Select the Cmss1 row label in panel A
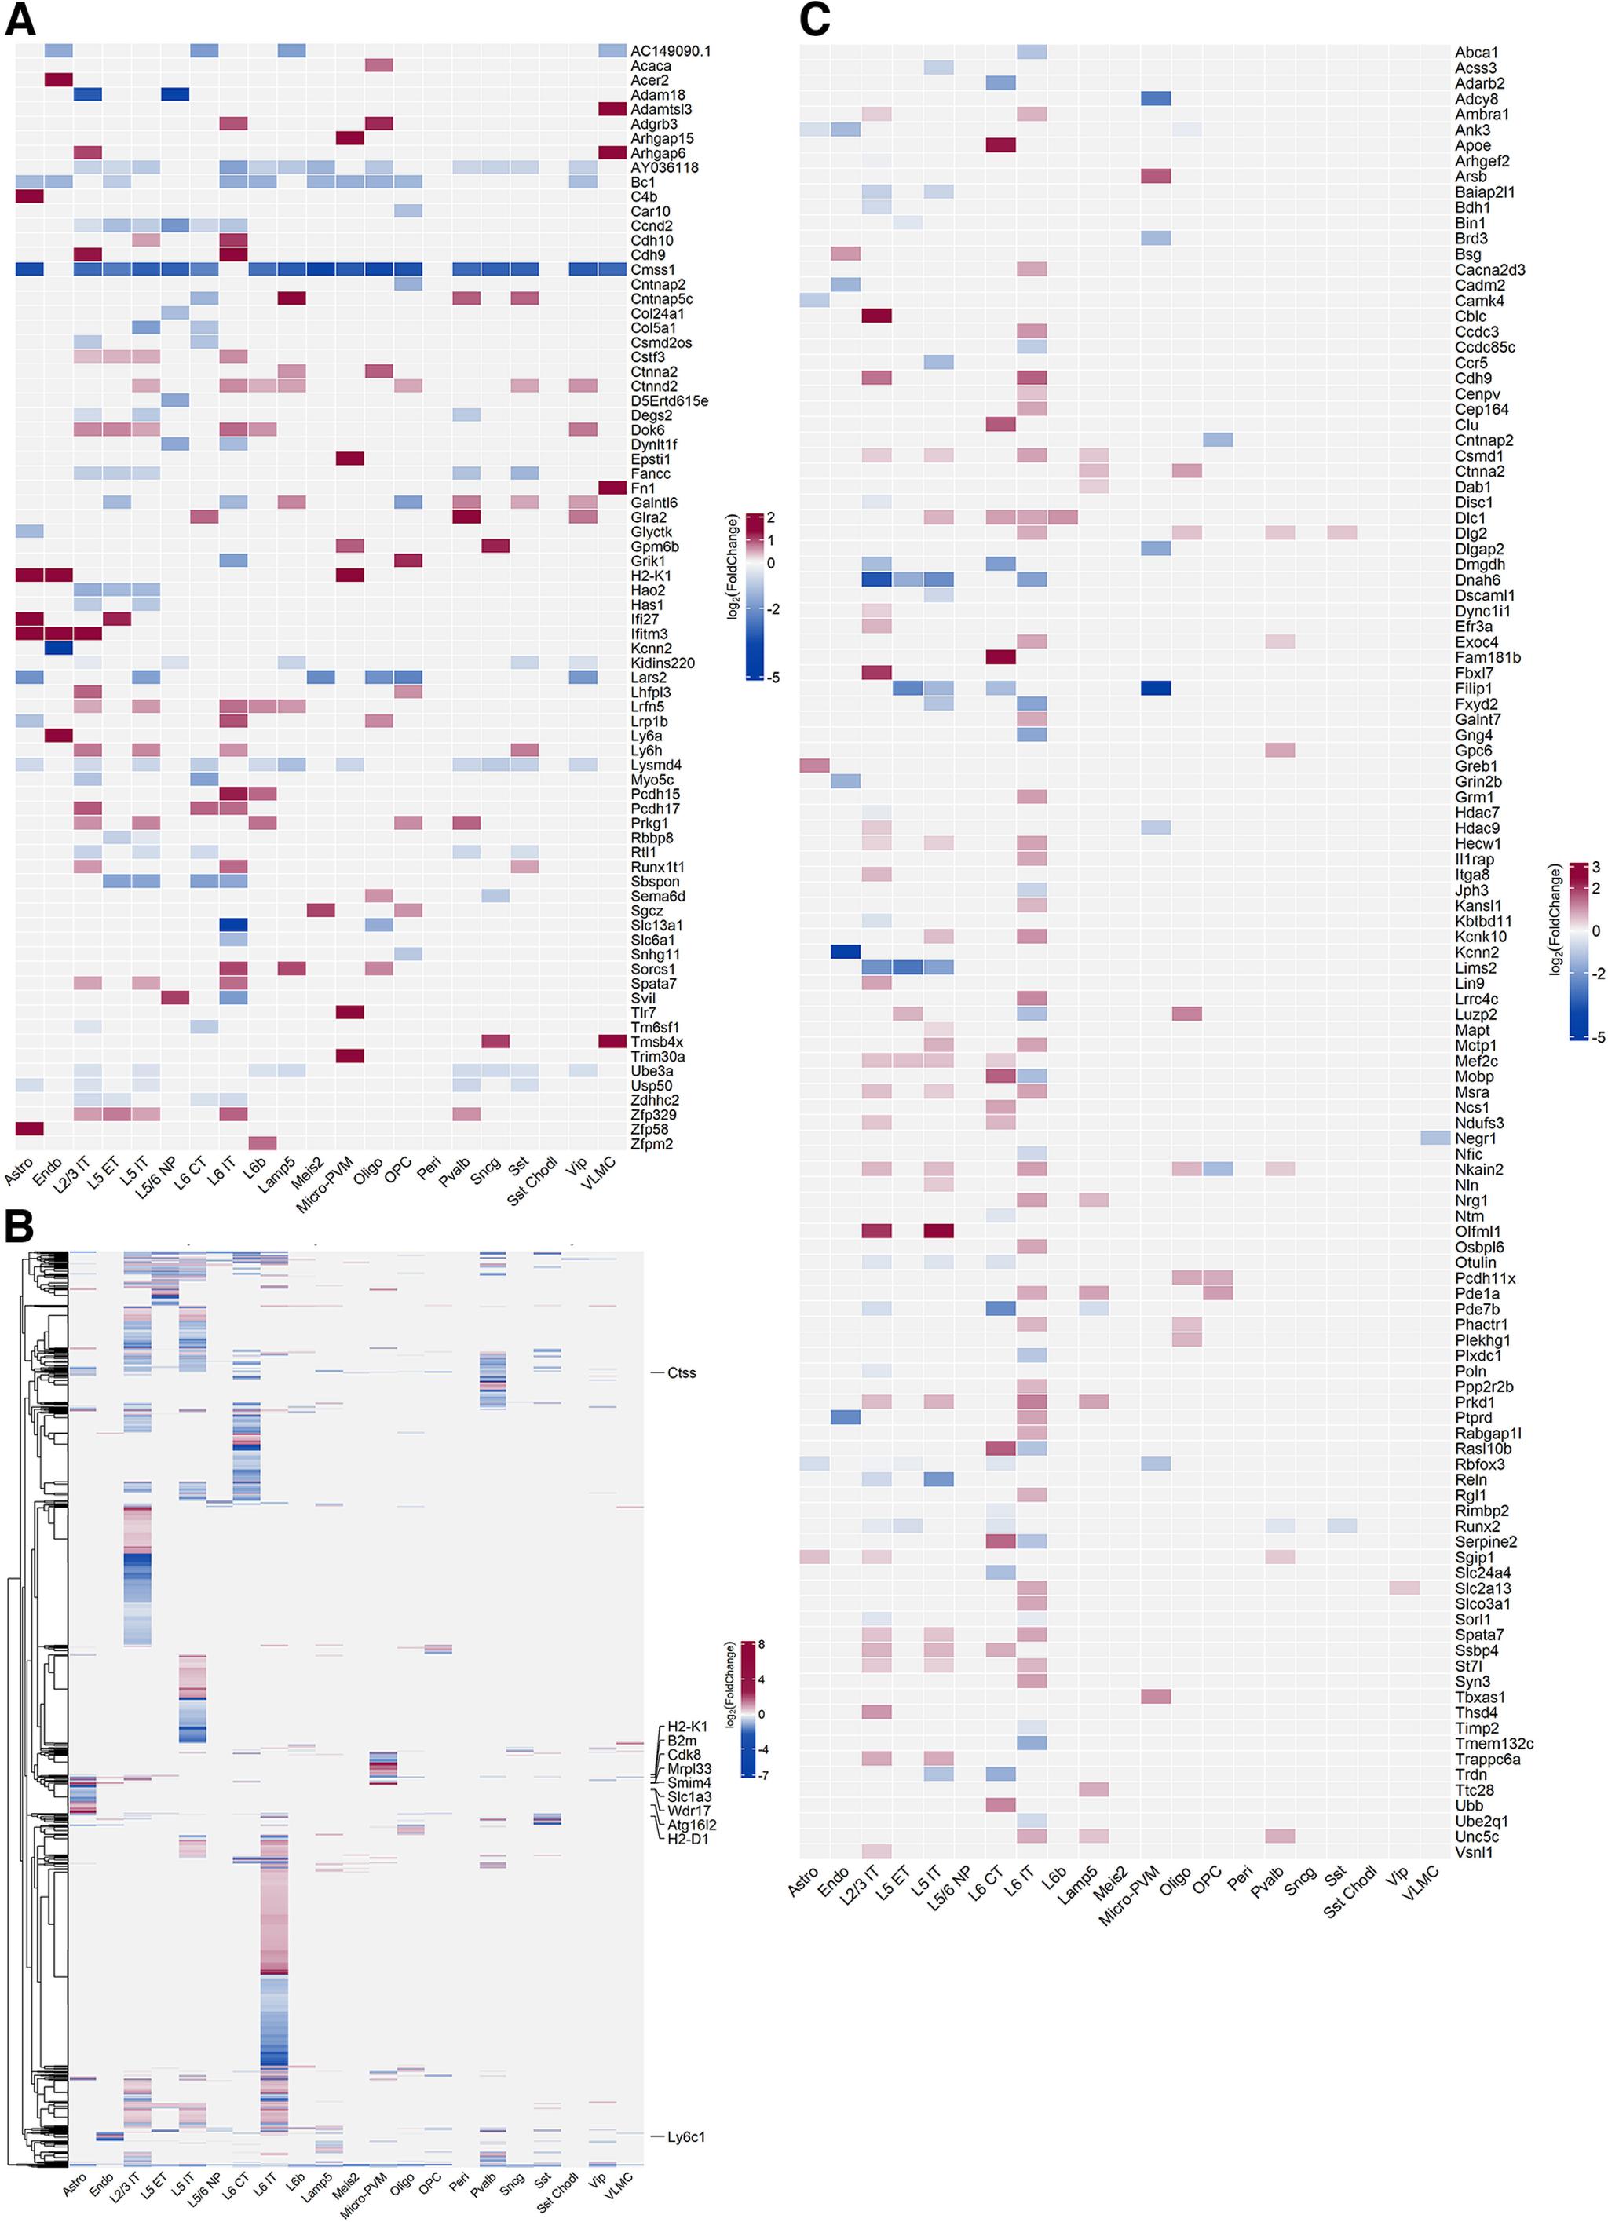pyautogui.click(x=652, y=269)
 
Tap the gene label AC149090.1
pyautogui.click(x=671, y=51)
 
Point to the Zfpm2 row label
pyautogui.click(x=652, y=1143)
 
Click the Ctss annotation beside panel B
pyautogui.click(x=681, y=1372)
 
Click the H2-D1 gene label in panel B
pyautogui.click(x=688, y=1839)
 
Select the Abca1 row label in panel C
pyautogui.click(x=1476, y=52)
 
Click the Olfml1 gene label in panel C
pyautogui.click(x=1478, y=1231)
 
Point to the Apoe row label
pyautogui.click(x=1472, y=145)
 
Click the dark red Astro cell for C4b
pyautogui.click(x=29, y=197)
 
